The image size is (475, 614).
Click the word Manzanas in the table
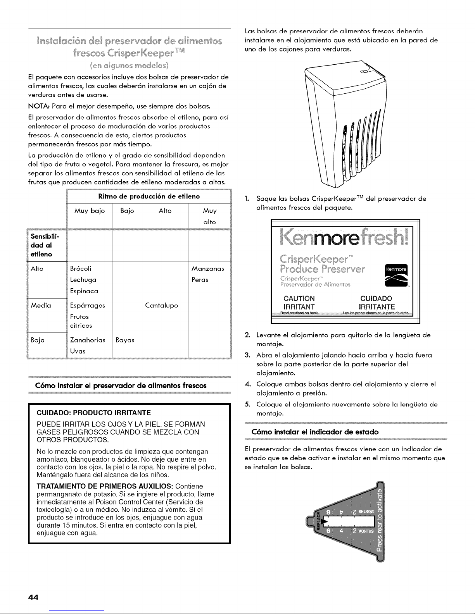(208, 268)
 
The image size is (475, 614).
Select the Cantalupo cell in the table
(161, 305)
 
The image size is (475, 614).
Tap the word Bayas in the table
(125, 340)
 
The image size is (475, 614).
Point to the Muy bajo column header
(90, 211)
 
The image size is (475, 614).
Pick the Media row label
(41, 305)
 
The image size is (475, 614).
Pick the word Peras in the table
(200, 279)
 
